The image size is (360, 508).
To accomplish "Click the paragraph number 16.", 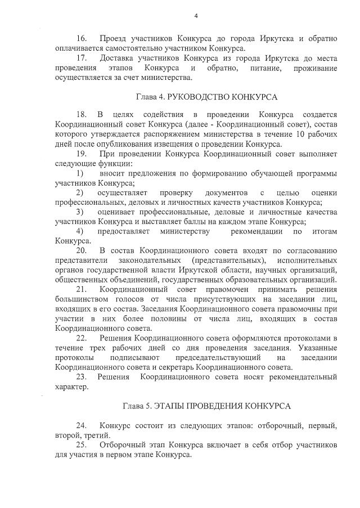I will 82,39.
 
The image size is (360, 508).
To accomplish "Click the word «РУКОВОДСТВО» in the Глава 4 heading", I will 197,97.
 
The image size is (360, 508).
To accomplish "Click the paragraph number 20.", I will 82,250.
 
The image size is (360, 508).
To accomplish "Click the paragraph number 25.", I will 82,445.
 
